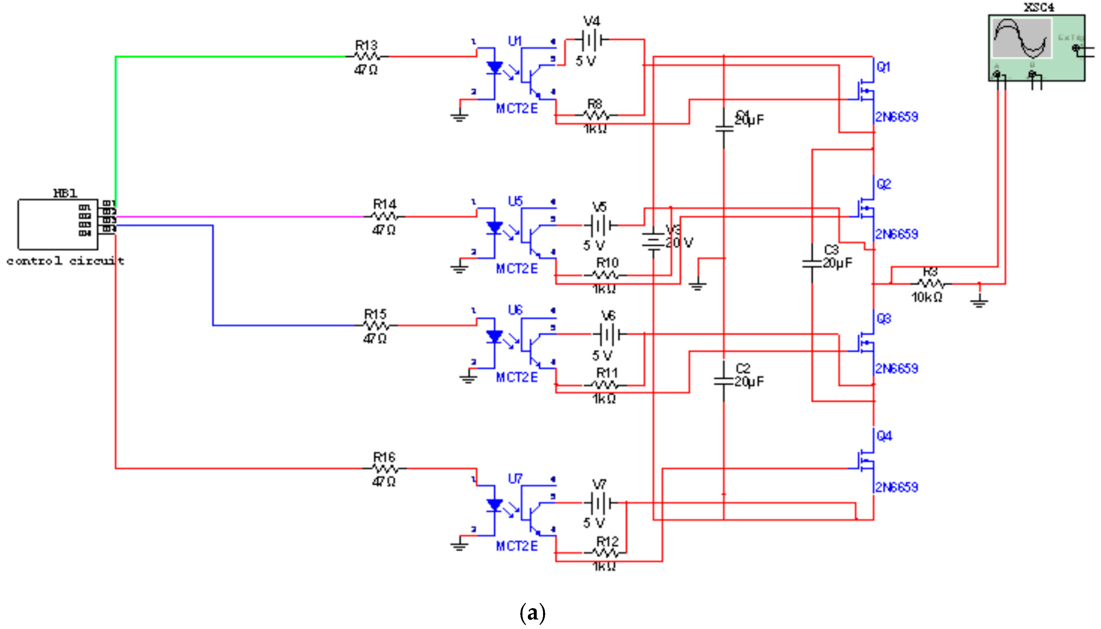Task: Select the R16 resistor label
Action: coord(384,457)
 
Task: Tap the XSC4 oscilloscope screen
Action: coord(1021,38)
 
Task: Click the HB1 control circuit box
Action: coord(57,224)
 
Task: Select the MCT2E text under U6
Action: coord(516,378)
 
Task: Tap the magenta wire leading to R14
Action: coord(238,216)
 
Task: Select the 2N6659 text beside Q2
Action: coord(897,234)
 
